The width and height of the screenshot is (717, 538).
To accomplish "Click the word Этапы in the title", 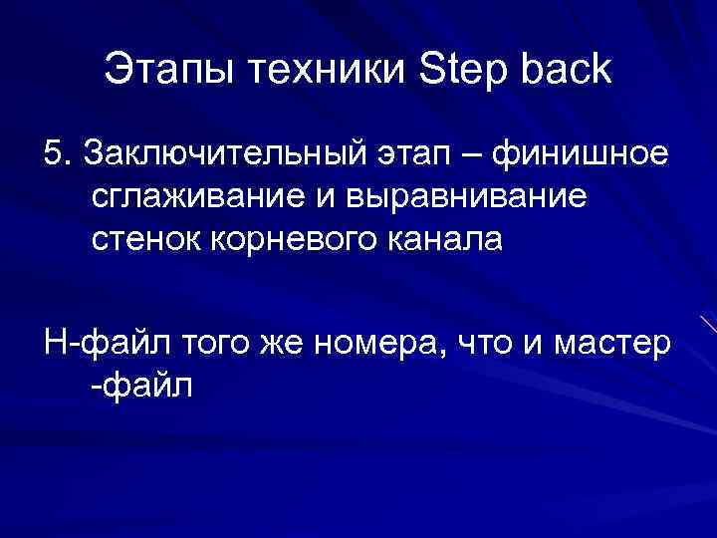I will pyautogui.click(x=158, y=71).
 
